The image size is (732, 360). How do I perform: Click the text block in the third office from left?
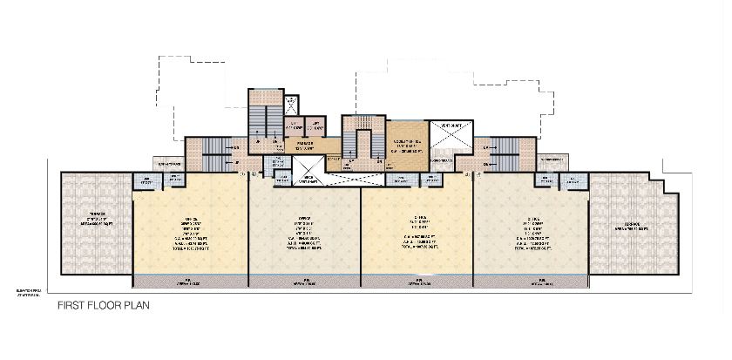418,233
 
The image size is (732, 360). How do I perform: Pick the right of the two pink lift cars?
275,146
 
